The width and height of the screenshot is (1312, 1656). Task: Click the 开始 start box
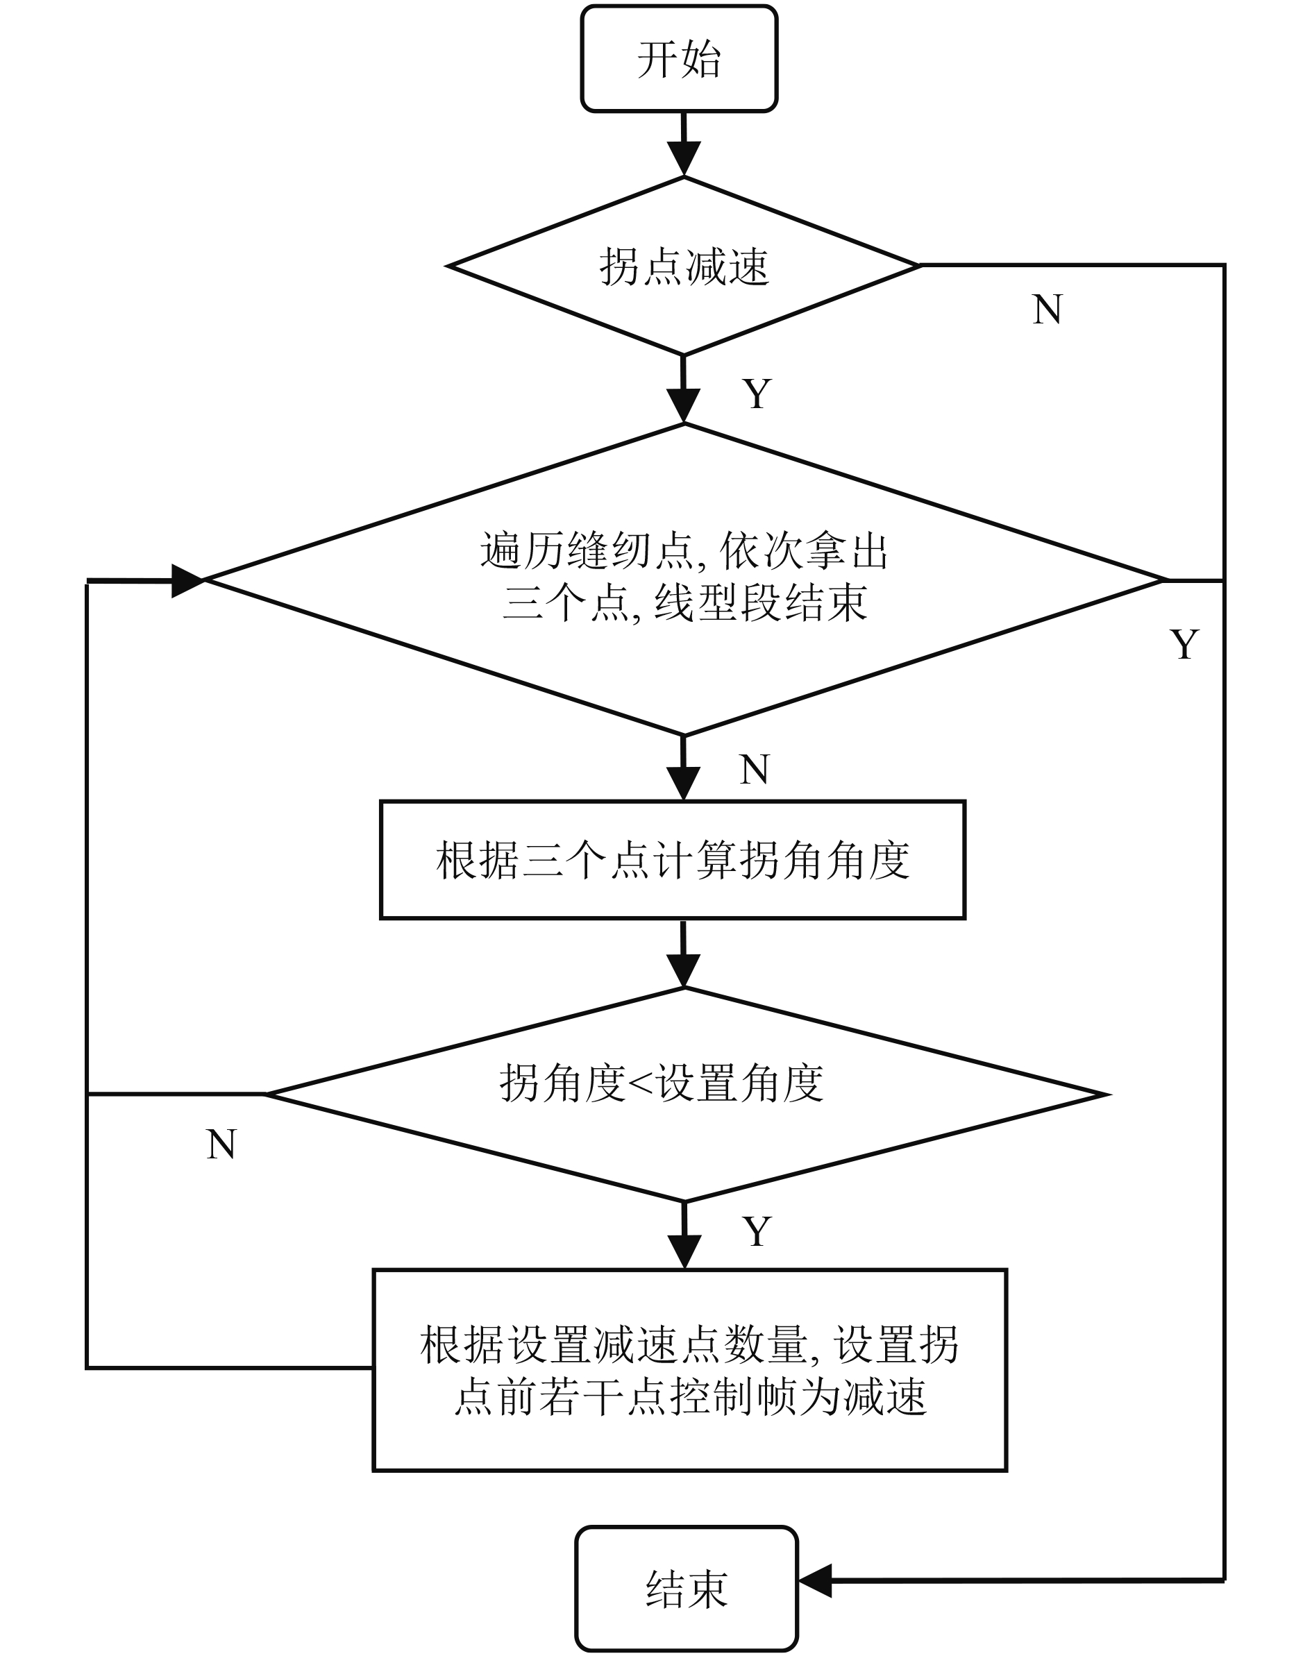click(x=679, y=59)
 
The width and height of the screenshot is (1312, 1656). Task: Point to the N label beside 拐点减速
click(x=1047, y=310)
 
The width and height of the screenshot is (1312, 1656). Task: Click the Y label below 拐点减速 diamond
click(x=757, y=394)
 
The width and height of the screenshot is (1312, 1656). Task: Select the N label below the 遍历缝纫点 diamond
click(x=755, y=769)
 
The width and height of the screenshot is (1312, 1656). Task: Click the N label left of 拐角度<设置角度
click(x=221, y=1144)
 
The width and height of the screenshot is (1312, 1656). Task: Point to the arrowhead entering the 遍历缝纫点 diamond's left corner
click(x=187, y=581)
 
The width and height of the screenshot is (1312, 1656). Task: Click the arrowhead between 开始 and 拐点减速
click(x=683, y=159)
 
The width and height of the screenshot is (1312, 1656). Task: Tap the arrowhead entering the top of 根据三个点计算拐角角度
click(x=683, y=784)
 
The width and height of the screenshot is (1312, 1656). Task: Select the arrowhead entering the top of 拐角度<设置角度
click(x=683, y=971)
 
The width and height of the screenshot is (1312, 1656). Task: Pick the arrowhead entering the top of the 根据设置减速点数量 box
click(x=684, y=1252)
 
